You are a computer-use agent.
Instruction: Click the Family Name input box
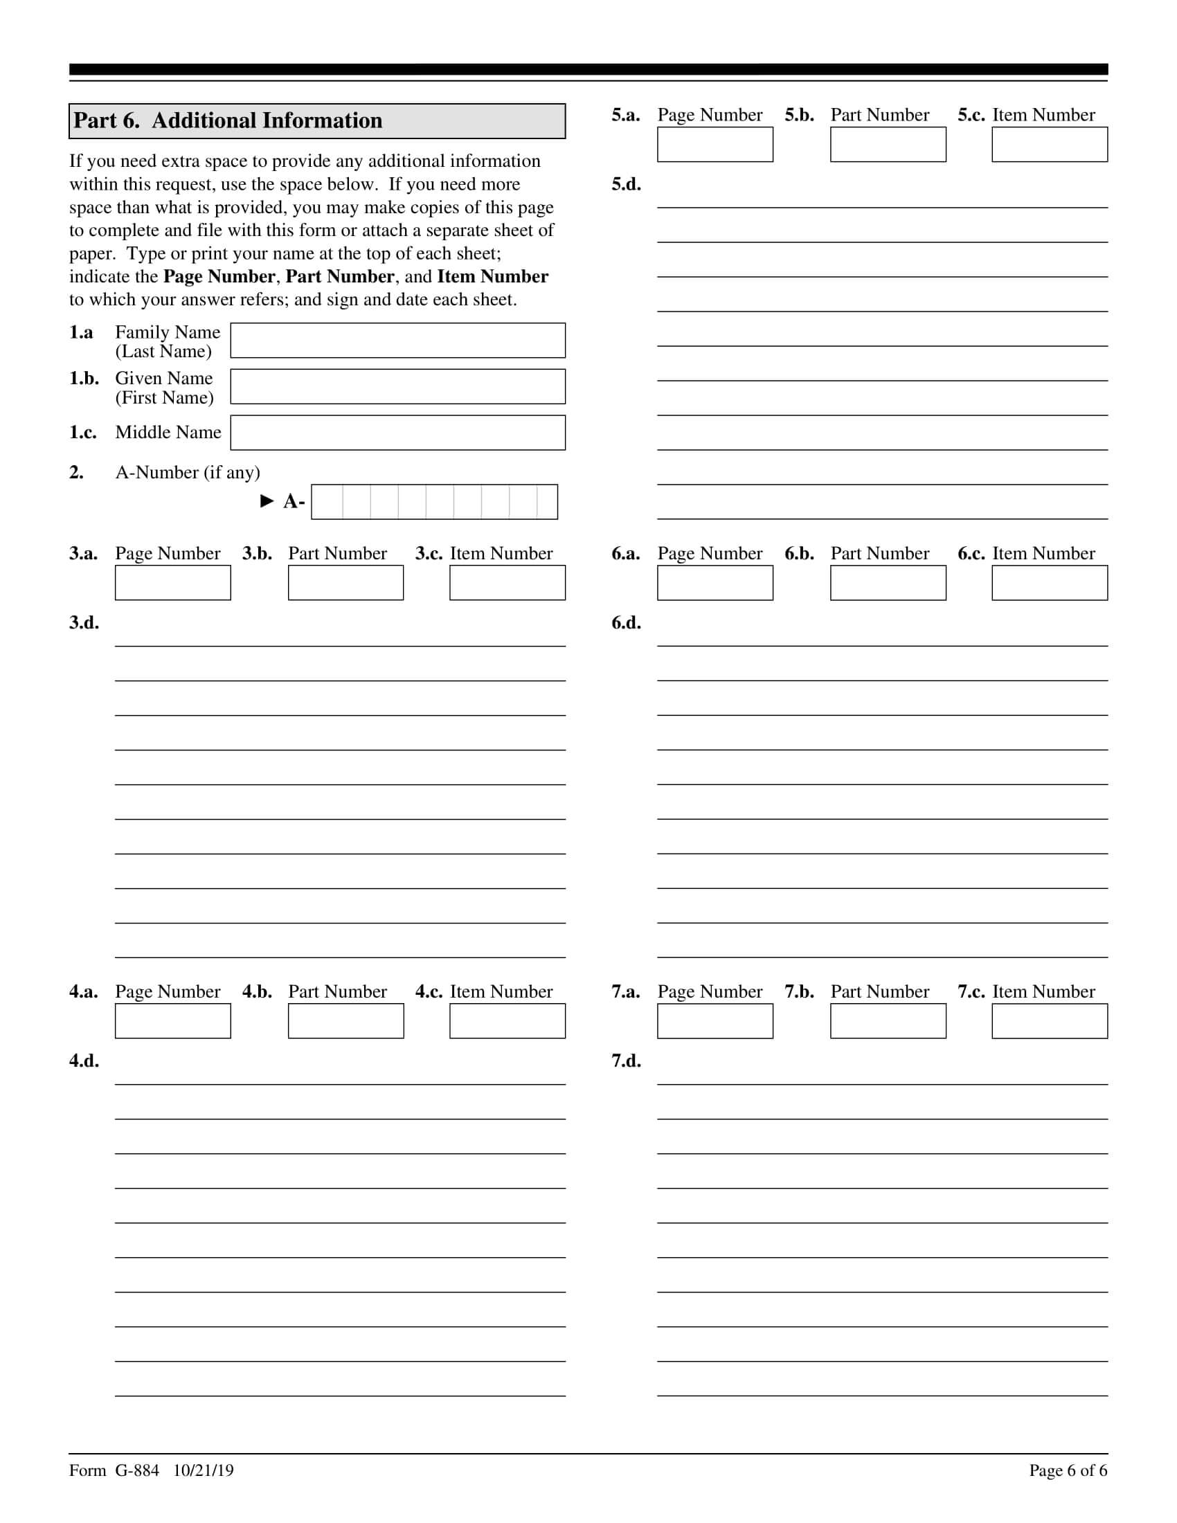pyautogui.click(x=397, y=341)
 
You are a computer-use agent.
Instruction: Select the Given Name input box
pyautogui.click(x=397, y=386)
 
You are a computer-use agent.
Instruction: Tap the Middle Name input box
pyautogui.click(x=397, y=433)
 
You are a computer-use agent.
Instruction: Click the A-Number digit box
pyautogui.click(x=433, y=502)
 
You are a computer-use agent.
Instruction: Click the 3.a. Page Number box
pyautogui.click(x=172, y=582)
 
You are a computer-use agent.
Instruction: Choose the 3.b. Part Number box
pyautogui.click(x=345, y=582)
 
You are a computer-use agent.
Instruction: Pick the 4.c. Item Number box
pyautogui.click(x=507, y=1021)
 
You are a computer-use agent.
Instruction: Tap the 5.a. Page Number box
pyautogui.click(x=715, y=145)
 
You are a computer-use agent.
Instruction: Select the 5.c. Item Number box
pyautogui.click(x=1050, y=145)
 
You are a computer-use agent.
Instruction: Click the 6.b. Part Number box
pyautogui.click(x=888, y=582)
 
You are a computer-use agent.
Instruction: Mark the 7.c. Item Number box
pyautogui.click(x=1050, y=1021)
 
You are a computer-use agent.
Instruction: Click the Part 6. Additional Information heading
pyautogui.click(x=228, y=120)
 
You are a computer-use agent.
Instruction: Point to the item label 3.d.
pyautogui.click(x=84, y=623)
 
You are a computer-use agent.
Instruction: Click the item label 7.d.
pyautogui.click(x=626, y=1061)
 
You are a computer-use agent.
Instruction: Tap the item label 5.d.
pyautogui.click(x=626, y=184)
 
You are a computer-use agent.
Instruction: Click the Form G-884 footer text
pyautogui.click(x=152, y=1470)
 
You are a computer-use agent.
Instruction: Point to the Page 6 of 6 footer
pyautogui.click(x=1068, y=1470)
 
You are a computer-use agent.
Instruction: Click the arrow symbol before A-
pyautogui.click(x=267, y=501)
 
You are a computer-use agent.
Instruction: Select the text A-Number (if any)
pyautogui.click(x=188, y=473)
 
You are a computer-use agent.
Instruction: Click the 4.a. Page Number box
pyautogui.click(x=172, y=1021)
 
